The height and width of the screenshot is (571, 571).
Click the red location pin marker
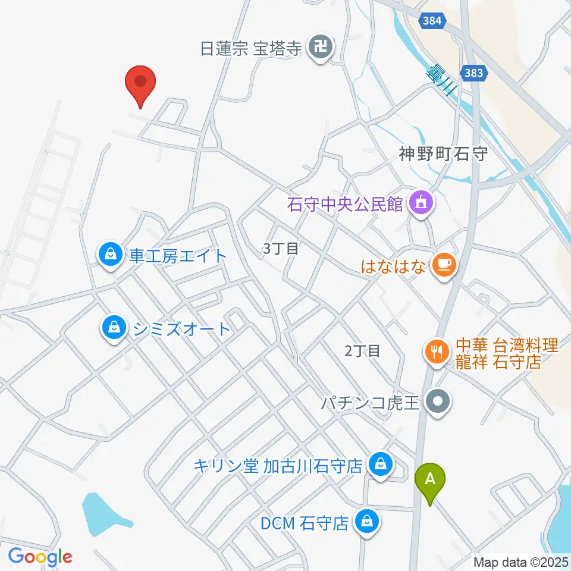[140, 83]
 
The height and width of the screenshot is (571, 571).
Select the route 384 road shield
[433, 21]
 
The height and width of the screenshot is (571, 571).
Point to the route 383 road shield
[475, 73]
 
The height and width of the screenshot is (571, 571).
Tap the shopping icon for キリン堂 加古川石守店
[379, 465]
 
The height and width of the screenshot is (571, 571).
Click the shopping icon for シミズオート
[112, 328]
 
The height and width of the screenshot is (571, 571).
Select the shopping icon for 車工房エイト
[111, 256]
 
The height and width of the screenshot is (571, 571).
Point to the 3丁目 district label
[281, 249]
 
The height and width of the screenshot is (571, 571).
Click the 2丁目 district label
[362, 351]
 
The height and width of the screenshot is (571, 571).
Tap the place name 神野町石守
[443, 155]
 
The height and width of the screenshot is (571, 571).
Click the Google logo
[40, 557]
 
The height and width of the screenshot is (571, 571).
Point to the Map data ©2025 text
[521, 561]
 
